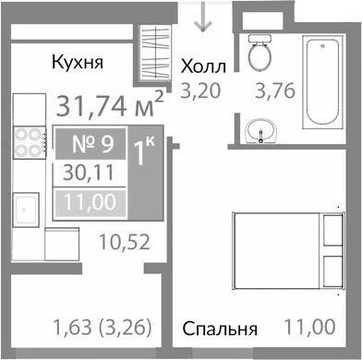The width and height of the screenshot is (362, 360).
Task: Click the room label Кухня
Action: tap(76, 63)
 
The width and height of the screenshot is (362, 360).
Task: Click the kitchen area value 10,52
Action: tap(124, 245)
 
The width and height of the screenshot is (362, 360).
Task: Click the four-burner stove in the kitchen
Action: tap(28, 145)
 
